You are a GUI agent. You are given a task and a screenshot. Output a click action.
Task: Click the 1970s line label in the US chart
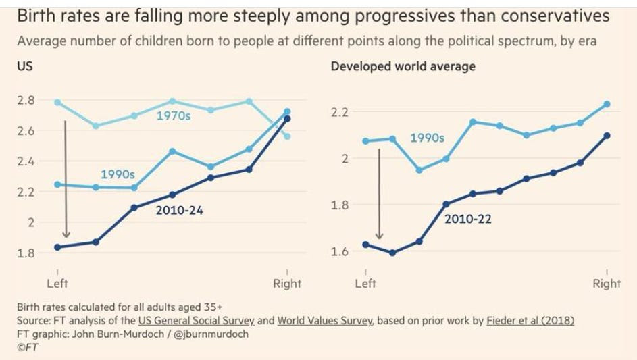174,115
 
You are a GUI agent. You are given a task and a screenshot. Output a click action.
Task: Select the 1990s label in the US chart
118,174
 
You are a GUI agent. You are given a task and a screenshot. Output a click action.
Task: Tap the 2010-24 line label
179,210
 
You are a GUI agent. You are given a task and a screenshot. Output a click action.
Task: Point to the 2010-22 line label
468,219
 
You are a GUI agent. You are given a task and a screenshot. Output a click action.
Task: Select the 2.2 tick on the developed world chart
339,111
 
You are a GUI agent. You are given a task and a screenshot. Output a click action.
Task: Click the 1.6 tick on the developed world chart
339,251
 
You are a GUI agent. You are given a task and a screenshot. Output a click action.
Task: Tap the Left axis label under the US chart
57,283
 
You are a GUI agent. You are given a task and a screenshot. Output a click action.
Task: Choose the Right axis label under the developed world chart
606,284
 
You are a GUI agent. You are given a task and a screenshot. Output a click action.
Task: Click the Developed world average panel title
403,66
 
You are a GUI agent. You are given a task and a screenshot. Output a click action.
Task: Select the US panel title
24,66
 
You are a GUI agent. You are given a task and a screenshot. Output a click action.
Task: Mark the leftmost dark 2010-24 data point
57,247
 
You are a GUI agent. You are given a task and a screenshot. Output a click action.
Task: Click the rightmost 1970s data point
288,136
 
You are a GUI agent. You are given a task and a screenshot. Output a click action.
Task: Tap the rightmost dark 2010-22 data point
607,136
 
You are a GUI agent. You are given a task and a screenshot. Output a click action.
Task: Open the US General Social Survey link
197,320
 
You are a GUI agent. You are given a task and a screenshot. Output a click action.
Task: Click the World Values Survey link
324,320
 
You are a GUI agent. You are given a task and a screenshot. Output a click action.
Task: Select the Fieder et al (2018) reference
530,320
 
